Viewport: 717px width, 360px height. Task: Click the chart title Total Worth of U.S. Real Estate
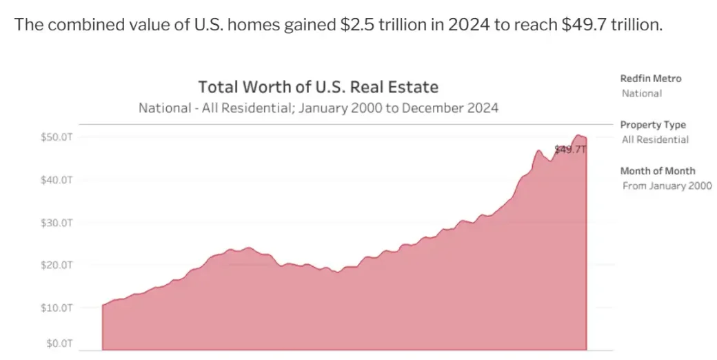tap(318, 88)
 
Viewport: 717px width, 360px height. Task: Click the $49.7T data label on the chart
tap(569, 149)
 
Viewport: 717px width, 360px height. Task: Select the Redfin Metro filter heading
tap(650, 79)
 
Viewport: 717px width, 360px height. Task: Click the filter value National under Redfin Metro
tap(641, 93)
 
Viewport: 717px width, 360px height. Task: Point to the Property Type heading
tap(653, 125)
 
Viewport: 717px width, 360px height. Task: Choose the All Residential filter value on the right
tap(654, 139)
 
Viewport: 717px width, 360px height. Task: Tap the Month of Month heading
tap(658, 171)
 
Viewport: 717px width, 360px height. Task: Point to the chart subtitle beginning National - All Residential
tap(318, 109)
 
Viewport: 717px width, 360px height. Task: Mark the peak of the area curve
tap(578, 135)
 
